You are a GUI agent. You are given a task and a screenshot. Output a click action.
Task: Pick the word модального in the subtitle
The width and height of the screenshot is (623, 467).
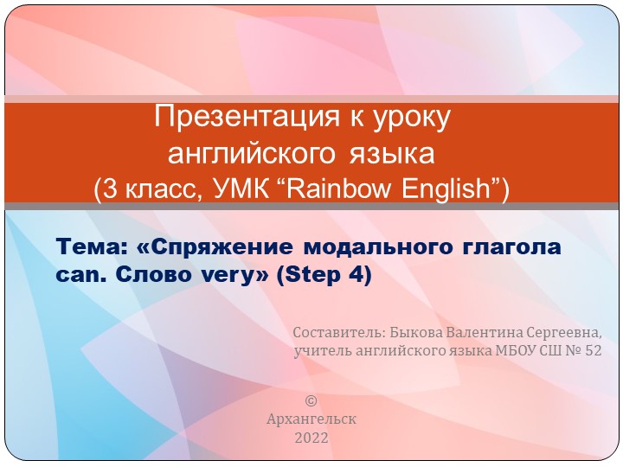375,247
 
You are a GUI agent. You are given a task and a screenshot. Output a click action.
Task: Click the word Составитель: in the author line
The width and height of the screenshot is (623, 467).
338,333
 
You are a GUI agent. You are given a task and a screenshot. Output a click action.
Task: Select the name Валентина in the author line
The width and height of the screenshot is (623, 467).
491,332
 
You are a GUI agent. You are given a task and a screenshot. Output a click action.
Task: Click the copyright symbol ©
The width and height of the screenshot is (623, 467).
311,400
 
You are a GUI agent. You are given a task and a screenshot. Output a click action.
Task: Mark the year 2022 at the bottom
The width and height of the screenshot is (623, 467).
311,438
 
